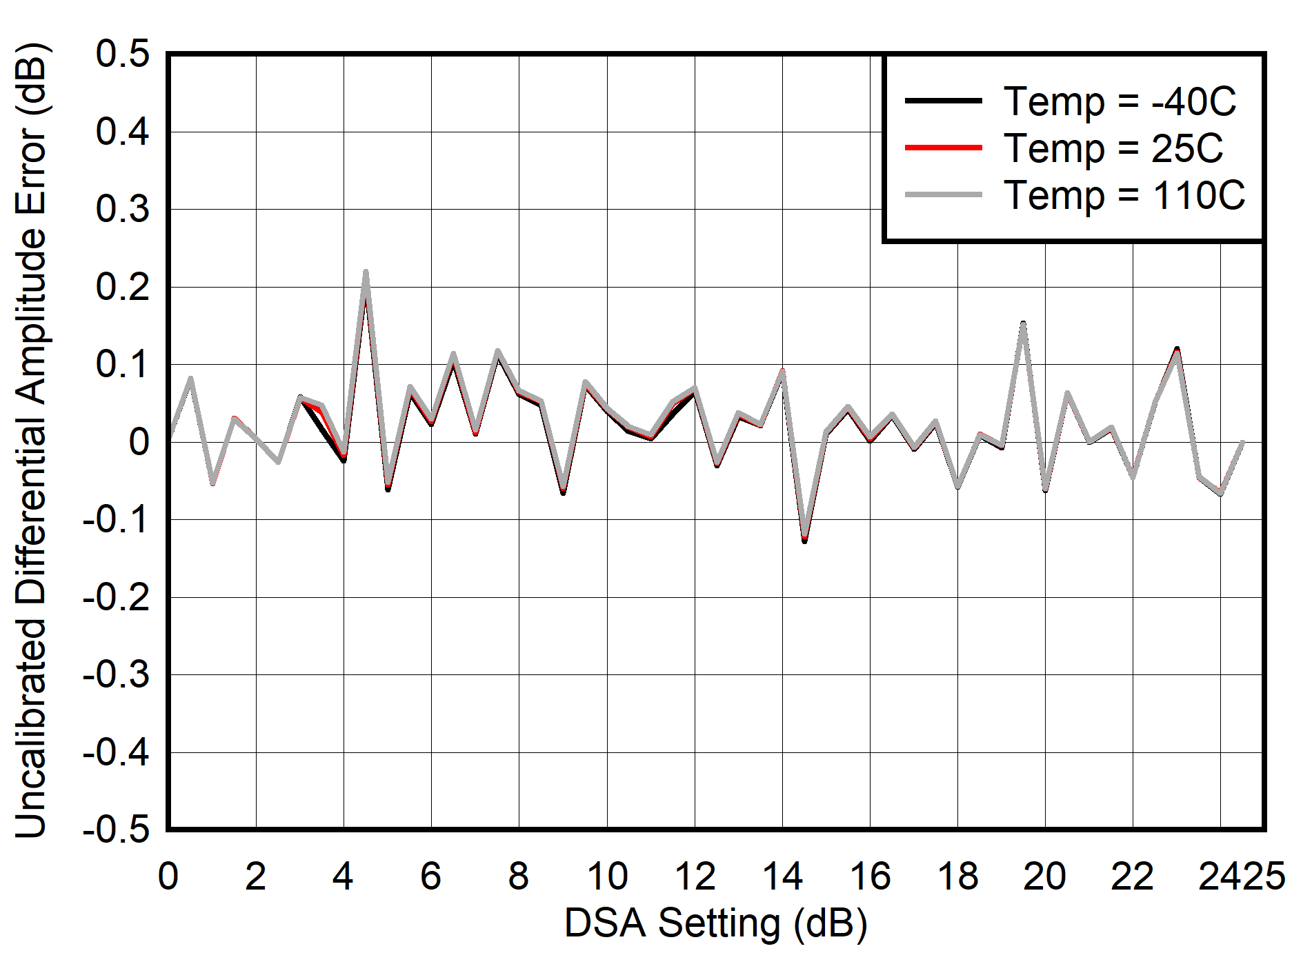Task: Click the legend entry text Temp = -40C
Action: coord(1119,101)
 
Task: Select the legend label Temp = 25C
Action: coord(1113,148)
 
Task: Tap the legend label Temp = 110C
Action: coord(1124,195)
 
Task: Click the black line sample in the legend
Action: coord(943,101)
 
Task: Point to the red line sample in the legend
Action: coord(943,148)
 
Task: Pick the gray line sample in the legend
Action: coord(943,195)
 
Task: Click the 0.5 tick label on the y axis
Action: coord(122,54)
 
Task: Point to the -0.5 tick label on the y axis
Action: coord(115,830)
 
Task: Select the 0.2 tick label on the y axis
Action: coord(122,287)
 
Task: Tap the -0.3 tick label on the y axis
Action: coord(115,674)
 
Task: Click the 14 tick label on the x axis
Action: coord(782,876)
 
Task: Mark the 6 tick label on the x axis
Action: coord(431,876)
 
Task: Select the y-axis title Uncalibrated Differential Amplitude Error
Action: coord(31,441)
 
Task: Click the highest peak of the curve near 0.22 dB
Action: coord(366,272)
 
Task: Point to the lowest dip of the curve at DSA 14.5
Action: coord(804,539)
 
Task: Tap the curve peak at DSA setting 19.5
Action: coord(1023,323)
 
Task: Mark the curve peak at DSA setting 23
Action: coord(1177,350)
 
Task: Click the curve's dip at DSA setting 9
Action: coord(563,492)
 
